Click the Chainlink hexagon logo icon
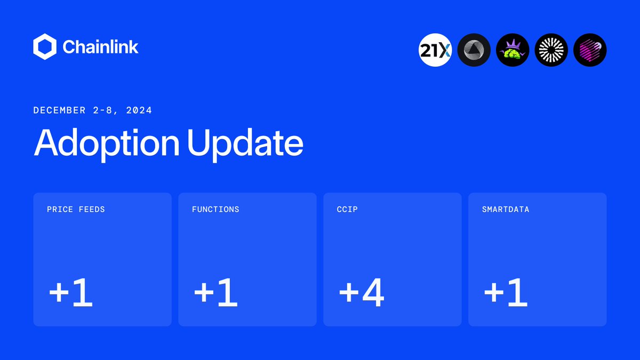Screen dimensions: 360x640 tap(45, 47)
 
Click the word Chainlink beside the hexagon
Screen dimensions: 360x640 tap(100, 47)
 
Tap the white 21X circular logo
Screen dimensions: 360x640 tap(435, 50)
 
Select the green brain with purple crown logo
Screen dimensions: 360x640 tap(513, 50)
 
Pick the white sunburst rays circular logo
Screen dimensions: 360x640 tap(551, 50)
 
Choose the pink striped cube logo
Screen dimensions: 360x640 tap(590, 50)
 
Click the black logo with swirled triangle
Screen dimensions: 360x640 tap(474, 50)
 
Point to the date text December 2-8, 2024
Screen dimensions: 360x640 tap(93, 110)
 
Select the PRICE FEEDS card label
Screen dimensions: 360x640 tap(76, 210)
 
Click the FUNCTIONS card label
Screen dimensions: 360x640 tap(215, 210)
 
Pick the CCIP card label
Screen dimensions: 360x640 tap(347, 210)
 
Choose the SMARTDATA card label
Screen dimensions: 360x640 tap(506, 210)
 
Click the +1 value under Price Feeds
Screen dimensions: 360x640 tap(71, 293)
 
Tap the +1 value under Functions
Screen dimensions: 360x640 tap(215, 293)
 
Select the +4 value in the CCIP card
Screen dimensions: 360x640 tap(362, 293)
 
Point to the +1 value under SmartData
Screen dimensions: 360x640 tap(506, 293)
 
